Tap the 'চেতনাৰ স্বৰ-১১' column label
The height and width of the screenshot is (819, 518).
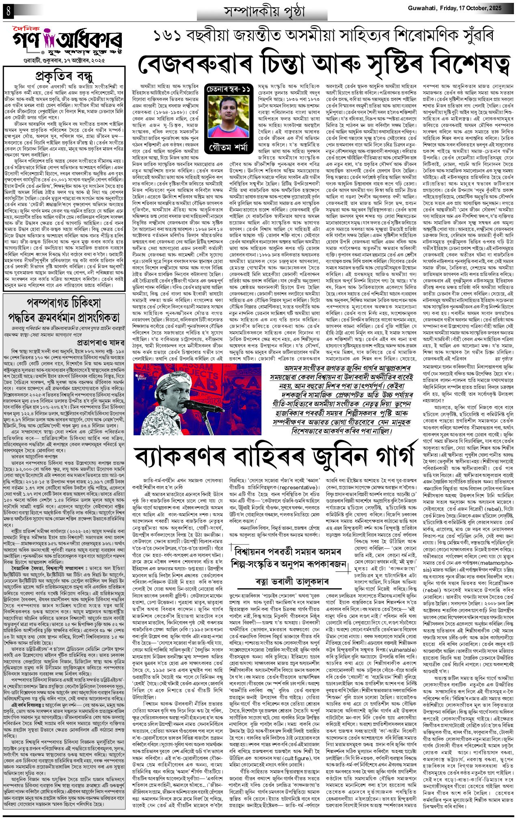pyautogui.click(x=229, y=89)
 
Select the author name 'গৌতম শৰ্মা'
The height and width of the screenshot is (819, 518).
pyautogui.click(x=229, y=147)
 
